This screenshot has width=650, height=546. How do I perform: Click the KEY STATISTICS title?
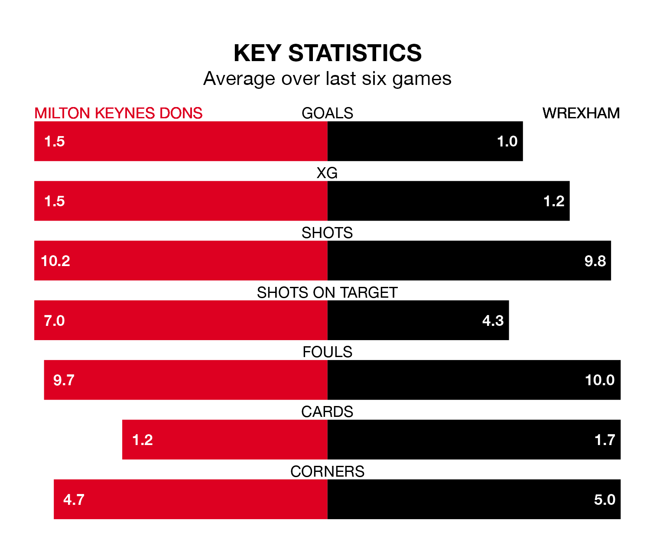click(327, 53)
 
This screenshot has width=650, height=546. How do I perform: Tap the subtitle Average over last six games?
click(327, 79)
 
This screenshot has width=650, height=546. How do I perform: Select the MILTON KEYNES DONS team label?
click(118, 113)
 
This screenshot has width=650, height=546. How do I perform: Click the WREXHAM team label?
click(581, 113)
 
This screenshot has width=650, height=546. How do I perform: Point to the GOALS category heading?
click(327, 113)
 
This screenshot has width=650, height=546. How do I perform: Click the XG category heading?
click(327, 173)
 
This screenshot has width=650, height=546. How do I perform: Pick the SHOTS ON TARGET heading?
click(327, 292)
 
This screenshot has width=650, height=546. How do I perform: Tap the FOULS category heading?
click(327, 352)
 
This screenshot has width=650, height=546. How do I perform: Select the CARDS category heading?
click(327, 412)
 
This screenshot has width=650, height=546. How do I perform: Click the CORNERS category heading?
click(327, 471)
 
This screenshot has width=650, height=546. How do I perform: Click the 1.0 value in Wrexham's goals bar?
click(507, 141)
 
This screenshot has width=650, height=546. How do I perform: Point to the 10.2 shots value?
click(55, 261)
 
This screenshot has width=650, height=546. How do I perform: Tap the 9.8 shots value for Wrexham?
click(595, 261)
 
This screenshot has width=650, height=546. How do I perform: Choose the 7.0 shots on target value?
click(54, 321)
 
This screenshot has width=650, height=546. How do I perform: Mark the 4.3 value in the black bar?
click(493, 321)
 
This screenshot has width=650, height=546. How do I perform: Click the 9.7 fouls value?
click(64, 380)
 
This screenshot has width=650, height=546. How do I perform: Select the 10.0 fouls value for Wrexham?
click(599, 380)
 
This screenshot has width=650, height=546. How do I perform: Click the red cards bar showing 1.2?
click(225, 439)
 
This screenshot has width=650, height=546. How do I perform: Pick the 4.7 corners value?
click(74, 500)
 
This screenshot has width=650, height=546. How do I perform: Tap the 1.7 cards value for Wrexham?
click(604, 440)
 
